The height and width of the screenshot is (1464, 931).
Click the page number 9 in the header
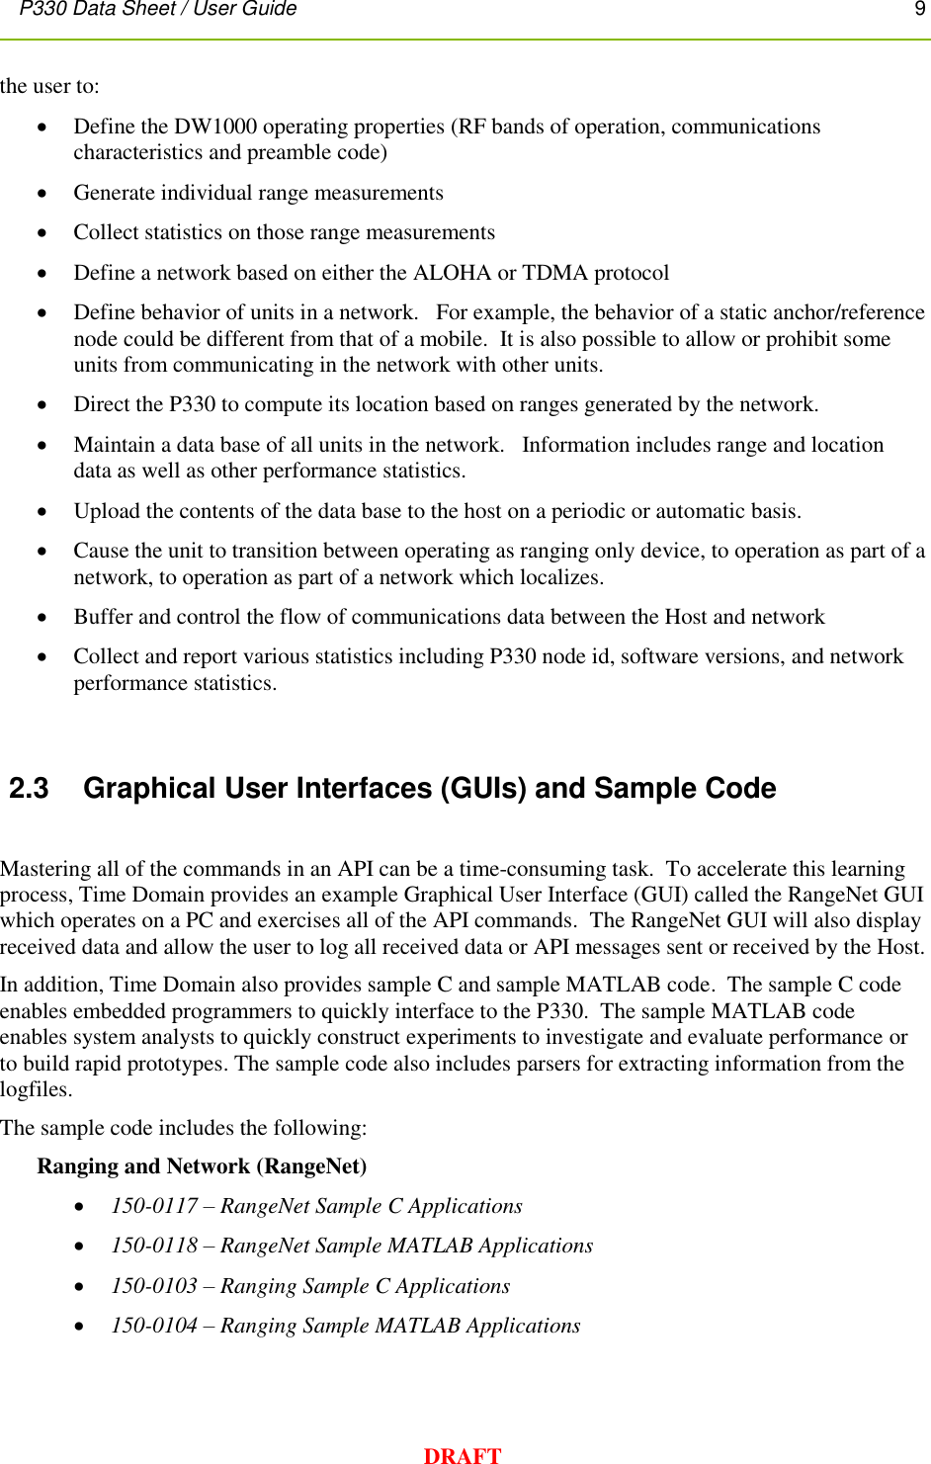[919, 9]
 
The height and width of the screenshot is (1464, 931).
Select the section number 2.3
[29, 788]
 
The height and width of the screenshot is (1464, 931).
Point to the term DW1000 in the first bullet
[215, 127]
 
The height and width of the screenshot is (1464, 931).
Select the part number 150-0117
[154, 1206]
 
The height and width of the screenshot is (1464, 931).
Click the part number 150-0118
[154, 1246]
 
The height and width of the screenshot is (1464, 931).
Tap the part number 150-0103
[154, 1286]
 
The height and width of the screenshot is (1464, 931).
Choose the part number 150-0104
[154, 1326]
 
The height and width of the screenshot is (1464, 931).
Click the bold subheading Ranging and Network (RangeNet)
[202, 1166]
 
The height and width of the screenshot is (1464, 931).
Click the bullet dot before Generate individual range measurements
[42, 194]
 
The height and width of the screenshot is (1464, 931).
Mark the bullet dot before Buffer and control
[42, 618]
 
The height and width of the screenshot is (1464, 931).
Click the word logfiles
[36, 1089]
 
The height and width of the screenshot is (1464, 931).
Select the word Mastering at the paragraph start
[45, 869]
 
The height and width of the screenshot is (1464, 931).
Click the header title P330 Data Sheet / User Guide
[158, 9]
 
